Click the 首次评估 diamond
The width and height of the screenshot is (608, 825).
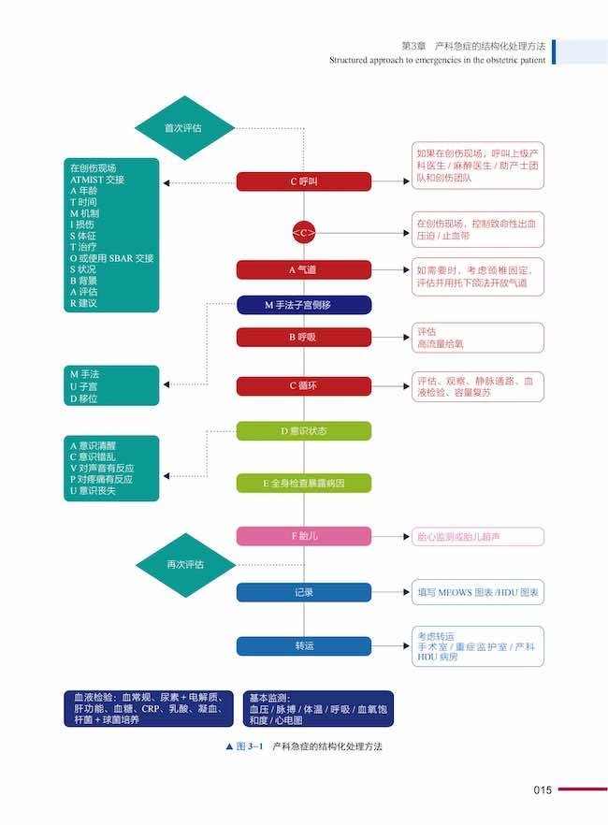(x=183, y=127)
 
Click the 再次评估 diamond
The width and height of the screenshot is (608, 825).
(x=185, y=565)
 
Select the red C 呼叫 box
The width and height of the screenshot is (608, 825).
(x=304, y=181)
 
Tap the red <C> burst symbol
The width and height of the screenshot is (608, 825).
(x=304, y=232)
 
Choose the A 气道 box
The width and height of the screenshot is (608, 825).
(x=304, y=270)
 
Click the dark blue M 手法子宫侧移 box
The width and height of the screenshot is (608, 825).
(x=304, y=305)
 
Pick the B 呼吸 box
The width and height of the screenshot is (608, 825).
(x=304, y=338)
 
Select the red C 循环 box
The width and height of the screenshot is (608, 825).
(x=304, y=385)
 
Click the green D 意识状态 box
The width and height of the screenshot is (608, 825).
(x=304, y=431)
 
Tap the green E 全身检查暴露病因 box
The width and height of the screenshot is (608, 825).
(x=304, y=484)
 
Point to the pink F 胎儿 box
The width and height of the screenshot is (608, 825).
(x=304, y=536)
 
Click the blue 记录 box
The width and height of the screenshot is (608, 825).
(x=304, y=592)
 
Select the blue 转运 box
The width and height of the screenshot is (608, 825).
(x=304, y=645)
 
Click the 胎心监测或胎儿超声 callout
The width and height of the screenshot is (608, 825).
(x=477, y=537)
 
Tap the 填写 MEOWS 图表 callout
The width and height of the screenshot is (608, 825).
(x=477, y=592)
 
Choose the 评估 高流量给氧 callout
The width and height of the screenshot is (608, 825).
(x=477, y=338)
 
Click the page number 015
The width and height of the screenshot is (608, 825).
(x=543, y=790)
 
